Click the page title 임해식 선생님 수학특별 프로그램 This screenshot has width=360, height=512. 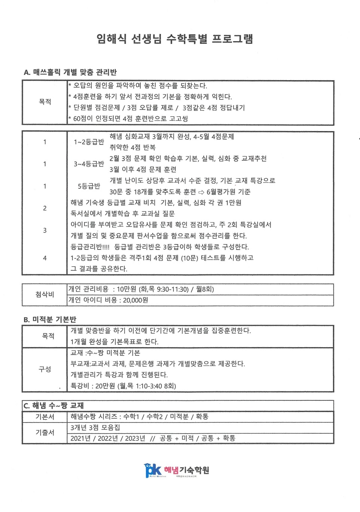point(175,39)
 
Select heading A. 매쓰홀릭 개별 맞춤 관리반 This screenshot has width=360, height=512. point(70,72)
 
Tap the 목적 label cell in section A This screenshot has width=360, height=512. point(45,102)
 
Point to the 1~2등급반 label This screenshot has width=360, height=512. point(89,142)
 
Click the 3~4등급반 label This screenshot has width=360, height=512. point(89,164)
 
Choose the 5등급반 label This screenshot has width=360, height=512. point(89,186)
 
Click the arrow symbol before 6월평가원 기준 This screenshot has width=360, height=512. point(201,192)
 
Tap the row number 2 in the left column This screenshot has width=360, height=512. point(45,208)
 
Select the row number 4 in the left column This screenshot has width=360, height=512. point(45,258)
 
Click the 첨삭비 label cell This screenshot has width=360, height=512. point(45,294)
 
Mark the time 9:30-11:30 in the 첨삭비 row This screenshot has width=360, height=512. point(173,289)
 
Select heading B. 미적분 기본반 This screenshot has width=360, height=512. point(50,319)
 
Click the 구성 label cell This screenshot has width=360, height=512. point(45,369)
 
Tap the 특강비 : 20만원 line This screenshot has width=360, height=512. point(123,386)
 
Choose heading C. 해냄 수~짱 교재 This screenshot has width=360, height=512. point(54,406)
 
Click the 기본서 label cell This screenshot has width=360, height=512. point(45,417)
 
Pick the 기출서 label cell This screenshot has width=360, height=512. point(45,433)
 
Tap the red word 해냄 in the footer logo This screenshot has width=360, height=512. point(171,470)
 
